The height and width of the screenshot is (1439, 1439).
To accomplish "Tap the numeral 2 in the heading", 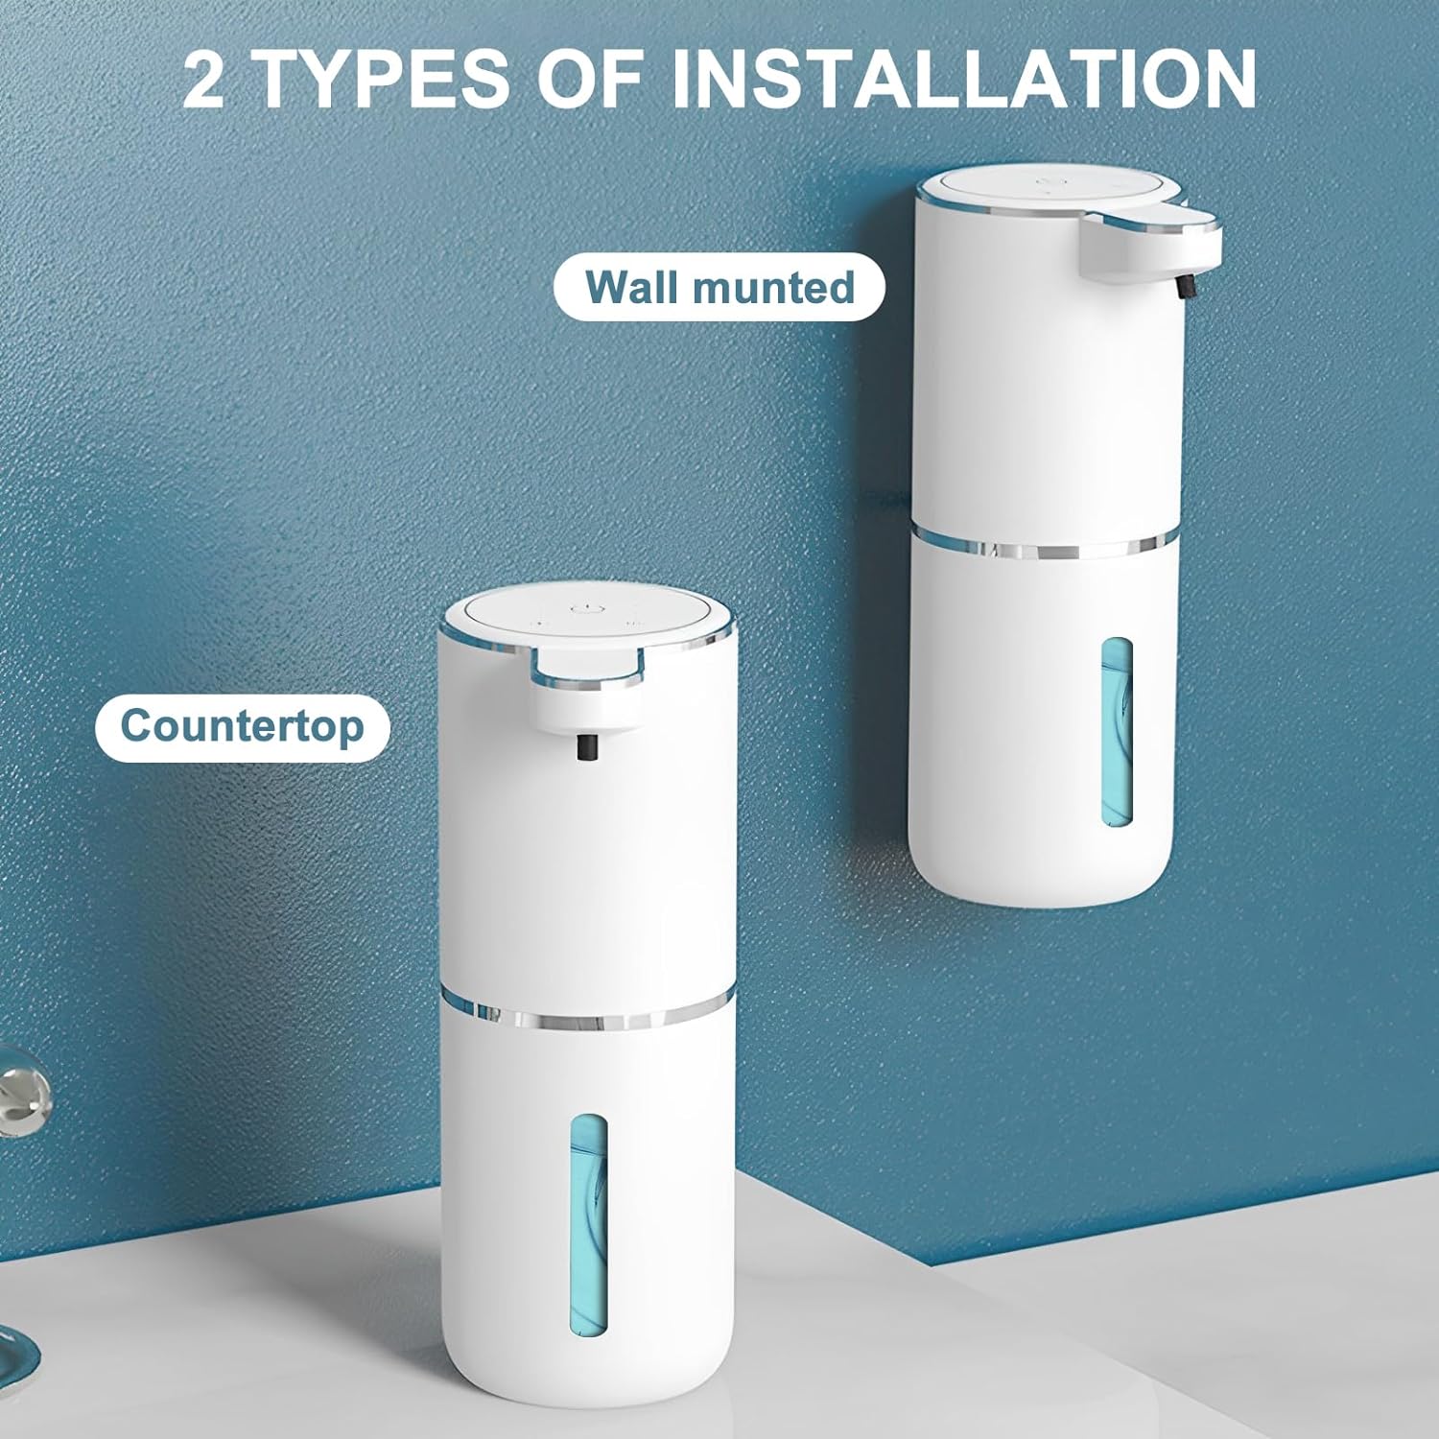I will tap(203, 81).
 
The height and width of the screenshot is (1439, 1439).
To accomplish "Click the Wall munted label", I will tap(719, 287).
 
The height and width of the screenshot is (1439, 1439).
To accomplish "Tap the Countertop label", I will tap(242, 726).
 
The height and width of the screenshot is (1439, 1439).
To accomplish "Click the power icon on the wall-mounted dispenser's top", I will tap(1046, 178).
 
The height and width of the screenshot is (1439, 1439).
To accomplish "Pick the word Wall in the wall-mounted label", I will tap(632, 287).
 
